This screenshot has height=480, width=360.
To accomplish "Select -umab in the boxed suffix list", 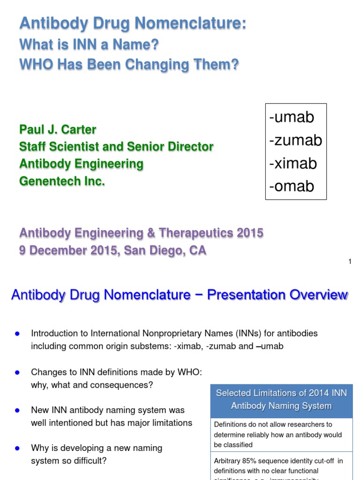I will click(x=292, y=117).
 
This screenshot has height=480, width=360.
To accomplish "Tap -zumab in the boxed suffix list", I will click(x=295, y=140).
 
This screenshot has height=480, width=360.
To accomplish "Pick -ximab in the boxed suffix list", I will click(x=293, y=163).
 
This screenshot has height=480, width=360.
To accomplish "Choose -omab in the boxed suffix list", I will click(x=292, y=186).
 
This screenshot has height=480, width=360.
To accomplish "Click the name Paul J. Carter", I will click(x=58, y=129).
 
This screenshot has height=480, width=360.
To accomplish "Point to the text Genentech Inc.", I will click(x=62, y=181).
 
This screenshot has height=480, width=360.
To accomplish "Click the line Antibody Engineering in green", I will click(x=81, y=164).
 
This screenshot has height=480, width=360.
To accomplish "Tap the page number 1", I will click(x=350, y=262).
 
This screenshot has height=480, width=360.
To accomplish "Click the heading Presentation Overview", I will click(x=277, y=295).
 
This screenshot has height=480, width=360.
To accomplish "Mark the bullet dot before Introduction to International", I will click(x=17, y=334).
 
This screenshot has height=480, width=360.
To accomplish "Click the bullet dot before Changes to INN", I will click(x=17, y=372).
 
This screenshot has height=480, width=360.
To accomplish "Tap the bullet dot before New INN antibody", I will click(x=17, y=410).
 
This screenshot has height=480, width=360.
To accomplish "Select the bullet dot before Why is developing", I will click(x=17, y=448).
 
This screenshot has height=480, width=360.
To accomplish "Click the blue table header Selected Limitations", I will click(x=281, y=399).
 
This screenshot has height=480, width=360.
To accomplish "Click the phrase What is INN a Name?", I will click(x=89, y=45).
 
